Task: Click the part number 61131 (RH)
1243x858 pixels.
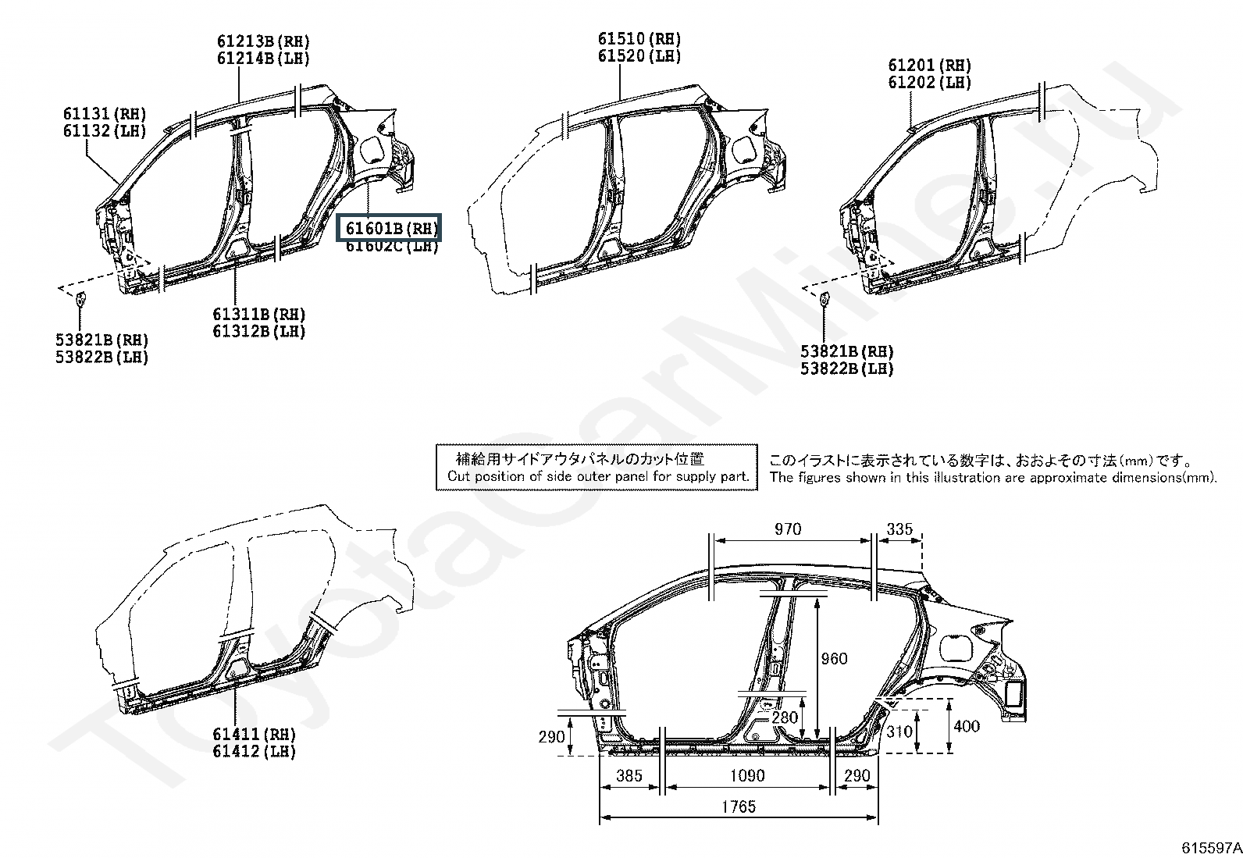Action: click(x=105, y=115)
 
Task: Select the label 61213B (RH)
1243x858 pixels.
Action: click(x=262, y=41)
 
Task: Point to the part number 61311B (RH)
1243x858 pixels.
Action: click(x=259, y=314)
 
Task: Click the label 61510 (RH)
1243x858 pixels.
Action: click(x=639, y=39)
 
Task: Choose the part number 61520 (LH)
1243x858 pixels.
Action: click(x=639, y=56)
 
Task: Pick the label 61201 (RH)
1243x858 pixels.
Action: click(x=929, y=66)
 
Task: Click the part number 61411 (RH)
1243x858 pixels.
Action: click(x=254, y=734)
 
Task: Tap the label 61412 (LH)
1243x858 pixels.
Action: click(x=254, y=752)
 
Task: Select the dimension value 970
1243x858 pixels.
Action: click(x=788, y=529)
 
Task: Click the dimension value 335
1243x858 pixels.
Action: click(x=899, y=529)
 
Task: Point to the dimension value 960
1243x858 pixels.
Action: click(x=834, y=659)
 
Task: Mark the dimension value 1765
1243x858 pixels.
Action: click(x=738, y=807)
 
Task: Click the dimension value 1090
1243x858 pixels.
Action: click(x=747, y=776)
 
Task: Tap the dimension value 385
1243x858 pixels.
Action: click(x=629, y=776)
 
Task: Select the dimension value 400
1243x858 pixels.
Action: click(x=967, y=727)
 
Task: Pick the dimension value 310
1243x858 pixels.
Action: click(x=899, y=732)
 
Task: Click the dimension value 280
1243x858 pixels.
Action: click(x=785, y=717)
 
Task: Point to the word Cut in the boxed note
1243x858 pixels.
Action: click(x=458, y=477)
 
